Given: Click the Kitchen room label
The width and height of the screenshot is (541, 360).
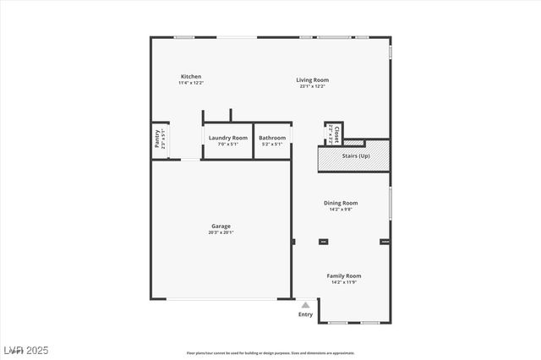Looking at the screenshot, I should coord(190,76).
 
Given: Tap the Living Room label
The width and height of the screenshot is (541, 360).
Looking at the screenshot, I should coord(312,79).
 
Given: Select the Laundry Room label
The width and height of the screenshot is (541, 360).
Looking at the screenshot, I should coord(228,138).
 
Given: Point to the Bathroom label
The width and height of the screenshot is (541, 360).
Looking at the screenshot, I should coord(272,138).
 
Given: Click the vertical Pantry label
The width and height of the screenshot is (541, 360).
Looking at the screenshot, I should coord(157,139).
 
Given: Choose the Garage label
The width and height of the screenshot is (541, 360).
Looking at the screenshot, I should coord(221,226).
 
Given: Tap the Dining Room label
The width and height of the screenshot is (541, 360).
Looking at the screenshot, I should coord(341,203).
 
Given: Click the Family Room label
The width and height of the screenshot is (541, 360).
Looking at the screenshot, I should coord(344,275).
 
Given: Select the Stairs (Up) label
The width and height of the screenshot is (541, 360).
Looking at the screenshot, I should coord(355,156).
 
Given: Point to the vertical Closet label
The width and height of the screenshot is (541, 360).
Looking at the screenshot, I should coord(336,134).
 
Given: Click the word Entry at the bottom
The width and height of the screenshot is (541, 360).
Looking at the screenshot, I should coord(305,314).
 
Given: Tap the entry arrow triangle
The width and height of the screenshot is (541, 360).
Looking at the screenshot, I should coord(305,305).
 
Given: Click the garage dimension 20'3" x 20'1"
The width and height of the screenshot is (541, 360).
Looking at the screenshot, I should coord(221,232).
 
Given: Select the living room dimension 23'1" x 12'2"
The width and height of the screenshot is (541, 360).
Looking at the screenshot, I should coord(312,86).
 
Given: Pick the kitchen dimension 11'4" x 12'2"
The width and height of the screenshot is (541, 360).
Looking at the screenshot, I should coord(190,83).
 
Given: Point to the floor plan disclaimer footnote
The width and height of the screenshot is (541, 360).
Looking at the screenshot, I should coord(270,352).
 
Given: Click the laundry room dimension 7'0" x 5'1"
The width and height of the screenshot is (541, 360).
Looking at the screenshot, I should coord(228,145).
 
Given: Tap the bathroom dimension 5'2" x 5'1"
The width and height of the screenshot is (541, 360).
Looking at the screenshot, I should coord(272,145).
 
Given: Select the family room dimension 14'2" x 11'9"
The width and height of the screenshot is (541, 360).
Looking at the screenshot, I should coord(344,282).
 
